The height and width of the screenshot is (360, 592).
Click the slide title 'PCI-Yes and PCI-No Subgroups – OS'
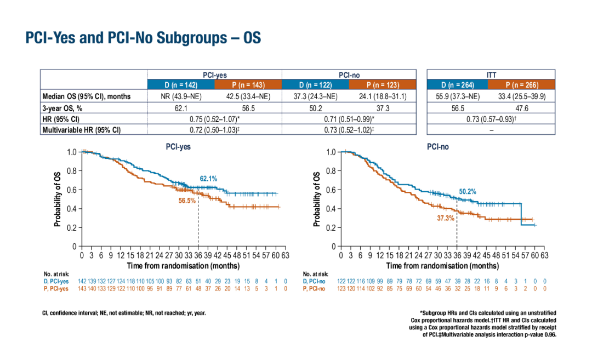[143, 38]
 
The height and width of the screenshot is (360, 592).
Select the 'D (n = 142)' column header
[181, 85]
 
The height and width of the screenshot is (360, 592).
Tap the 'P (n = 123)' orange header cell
[383, 85]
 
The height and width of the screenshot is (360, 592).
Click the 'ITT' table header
[491, 75]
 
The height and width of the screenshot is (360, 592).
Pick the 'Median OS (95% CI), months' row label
[87, 96]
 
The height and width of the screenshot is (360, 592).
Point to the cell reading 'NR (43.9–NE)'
[181, 96]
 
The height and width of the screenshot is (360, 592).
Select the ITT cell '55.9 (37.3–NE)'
[458, 96]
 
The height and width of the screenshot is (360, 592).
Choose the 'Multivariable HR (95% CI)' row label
[81, 130]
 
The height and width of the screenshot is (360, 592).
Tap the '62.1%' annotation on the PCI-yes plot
[208, 179]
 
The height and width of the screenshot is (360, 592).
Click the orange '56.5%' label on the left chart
[187, 201]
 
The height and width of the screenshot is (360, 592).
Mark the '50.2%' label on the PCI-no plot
[468, 192]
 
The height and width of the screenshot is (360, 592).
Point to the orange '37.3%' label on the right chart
[446, 218]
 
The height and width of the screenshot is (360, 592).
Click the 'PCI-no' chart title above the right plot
[437, 147]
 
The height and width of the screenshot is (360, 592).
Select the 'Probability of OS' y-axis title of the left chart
[58, 198]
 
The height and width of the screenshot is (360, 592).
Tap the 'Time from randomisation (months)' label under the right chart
[442, 266]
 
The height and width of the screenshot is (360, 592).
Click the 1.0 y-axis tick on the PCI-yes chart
[71, 152]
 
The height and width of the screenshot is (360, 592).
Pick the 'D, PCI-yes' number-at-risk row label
[56, 281]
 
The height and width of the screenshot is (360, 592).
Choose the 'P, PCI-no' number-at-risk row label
[314, 288]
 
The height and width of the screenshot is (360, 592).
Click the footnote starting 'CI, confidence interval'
[124, 313]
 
